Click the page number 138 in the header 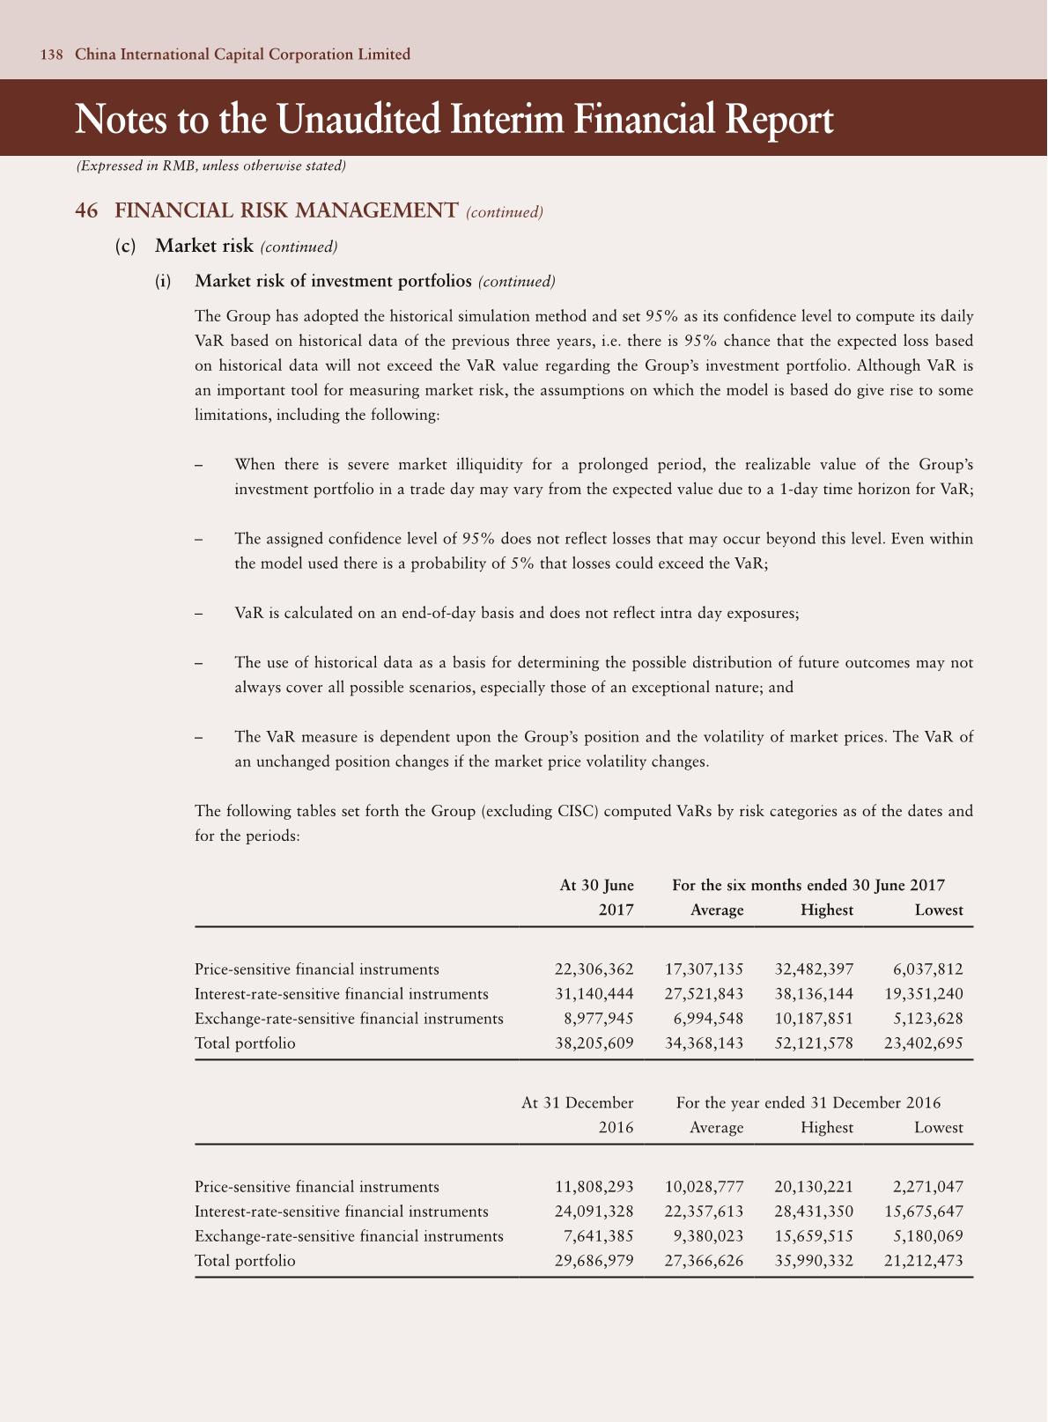click(x=51, y=55)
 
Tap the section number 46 click(x=86, y=211)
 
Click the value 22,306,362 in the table click(x=594, y=969)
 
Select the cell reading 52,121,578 click(x=814, y=1043)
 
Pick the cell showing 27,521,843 click(x=704, y=994)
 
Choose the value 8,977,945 click(x=598, y=1019)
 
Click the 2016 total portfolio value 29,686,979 click(x=594, y=1261)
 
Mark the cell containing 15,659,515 click(x=814, y=1236)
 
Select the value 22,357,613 click(x=704, y=1212)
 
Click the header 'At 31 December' click(x=577, y=1103)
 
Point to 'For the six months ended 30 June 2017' click(x=808, y=886)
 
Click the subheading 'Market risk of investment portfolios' click(x=333, y=282)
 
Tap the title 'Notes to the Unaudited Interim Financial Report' click(x=454, y=119)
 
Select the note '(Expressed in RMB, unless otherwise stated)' click(x=210, y=166)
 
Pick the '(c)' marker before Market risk click(x=126, y=247)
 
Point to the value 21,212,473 click(x=923, y=1261)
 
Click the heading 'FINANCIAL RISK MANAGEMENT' click(x=286, y=211)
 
